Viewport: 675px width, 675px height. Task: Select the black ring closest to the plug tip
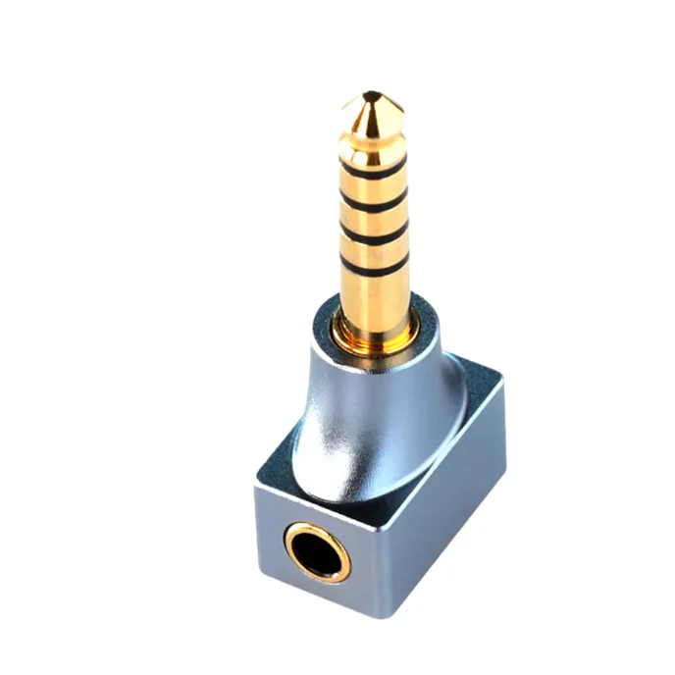373,170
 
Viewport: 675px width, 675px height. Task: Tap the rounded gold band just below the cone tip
370,144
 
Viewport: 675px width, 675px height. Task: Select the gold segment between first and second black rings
373,185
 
